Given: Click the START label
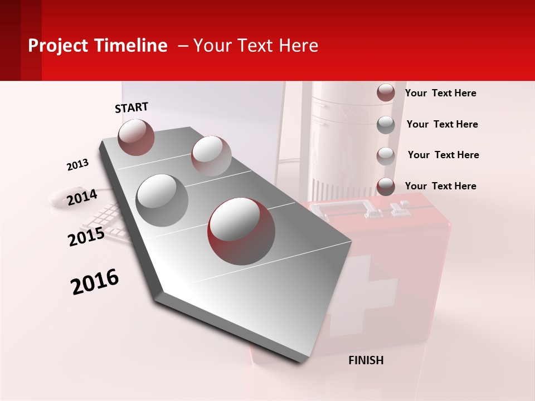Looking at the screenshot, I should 132,107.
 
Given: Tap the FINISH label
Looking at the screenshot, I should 366,360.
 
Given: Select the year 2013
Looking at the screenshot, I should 77,165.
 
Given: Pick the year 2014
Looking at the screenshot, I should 82,197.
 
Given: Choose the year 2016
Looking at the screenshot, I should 95,281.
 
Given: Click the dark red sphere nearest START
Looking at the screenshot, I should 136,137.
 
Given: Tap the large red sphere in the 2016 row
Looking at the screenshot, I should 241,231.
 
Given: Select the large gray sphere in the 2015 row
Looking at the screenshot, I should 162,200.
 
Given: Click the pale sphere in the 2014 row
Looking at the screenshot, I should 211,155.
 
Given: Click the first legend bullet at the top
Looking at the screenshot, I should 386,93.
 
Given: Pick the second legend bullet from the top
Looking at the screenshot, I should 386,125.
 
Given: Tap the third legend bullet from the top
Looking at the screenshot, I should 386,156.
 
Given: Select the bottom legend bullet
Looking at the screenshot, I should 386,187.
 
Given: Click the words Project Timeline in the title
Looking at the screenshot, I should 98,46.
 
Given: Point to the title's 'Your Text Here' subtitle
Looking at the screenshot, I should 255,46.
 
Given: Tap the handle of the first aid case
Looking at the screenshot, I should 357,209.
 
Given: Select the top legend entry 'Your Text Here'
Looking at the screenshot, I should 440,93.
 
